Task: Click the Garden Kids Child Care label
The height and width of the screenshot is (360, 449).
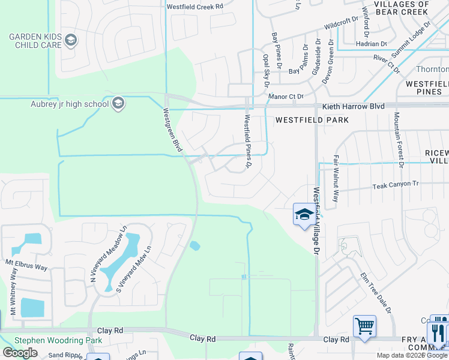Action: (x=35, y=41)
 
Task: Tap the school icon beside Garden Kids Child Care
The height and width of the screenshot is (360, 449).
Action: (x=71, y=41)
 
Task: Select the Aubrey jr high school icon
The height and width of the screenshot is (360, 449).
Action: (x=118, y=104)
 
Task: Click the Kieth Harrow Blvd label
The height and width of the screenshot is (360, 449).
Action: (x=352, y=106)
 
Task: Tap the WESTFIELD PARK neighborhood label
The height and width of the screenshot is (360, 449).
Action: (x=312, y=120)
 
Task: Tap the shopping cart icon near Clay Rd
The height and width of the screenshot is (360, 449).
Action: (x=364, y=326)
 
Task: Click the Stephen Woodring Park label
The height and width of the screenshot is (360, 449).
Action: (x=58, y=340)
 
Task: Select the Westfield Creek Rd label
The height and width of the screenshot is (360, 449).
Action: (x=194, y=6)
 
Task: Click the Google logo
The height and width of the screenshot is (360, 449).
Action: (x=20, y=353)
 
